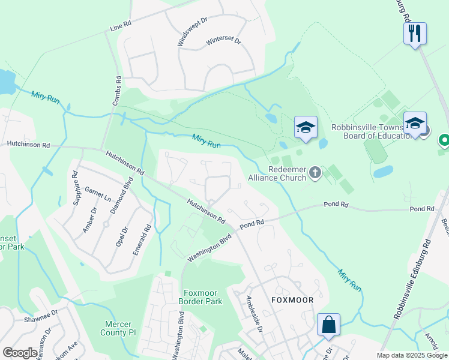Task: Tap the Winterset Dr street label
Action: click(223, 41)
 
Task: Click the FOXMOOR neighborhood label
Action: click(293, 299)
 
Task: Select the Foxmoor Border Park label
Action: click(201, 296)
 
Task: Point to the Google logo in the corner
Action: click(20, 353)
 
